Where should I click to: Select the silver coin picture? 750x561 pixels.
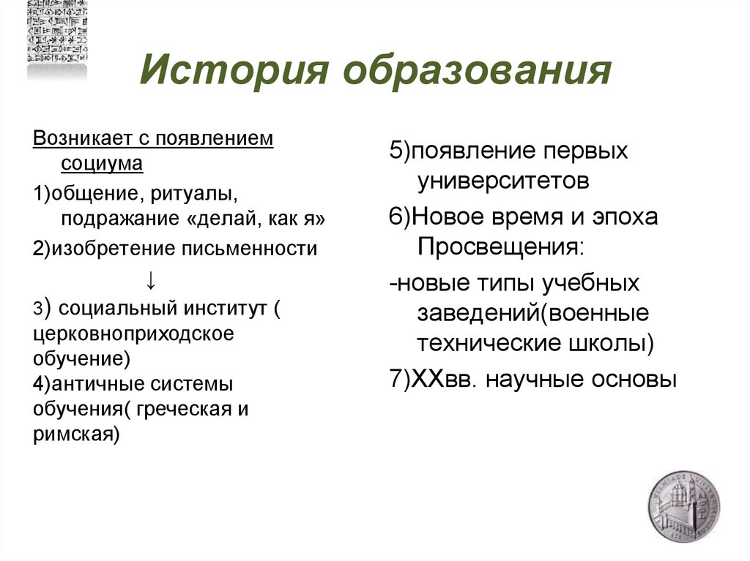pyautogui.click(x=683, y=507)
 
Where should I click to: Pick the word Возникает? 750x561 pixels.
pyautogui.click(x=81, y=139)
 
